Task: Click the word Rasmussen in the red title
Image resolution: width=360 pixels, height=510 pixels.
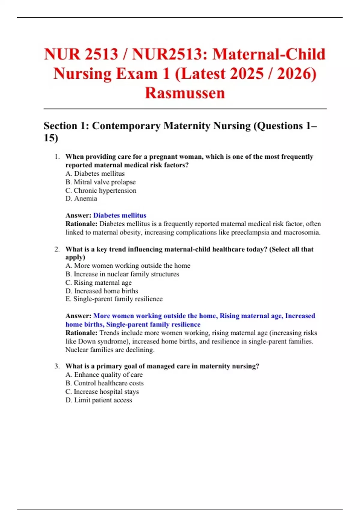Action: point(185,93)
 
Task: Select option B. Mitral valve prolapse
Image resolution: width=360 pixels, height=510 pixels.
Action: point(100,182)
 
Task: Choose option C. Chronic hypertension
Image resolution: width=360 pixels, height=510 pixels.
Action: point(101,190)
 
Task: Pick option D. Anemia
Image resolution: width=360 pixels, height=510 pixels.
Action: point(81,198)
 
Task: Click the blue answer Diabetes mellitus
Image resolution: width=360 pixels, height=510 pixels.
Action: point(120,215)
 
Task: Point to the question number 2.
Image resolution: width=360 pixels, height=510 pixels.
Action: point(57,249)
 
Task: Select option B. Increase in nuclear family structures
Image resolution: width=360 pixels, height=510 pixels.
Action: point(122,274)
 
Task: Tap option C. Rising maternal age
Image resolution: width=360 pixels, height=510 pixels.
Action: point(98,283)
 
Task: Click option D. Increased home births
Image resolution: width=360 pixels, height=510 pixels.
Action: point(102,291)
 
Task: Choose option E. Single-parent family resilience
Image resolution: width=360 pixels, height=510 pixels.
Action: point(114,299)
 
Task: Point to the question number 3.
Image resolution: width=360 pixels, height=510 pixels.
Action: point(57,366)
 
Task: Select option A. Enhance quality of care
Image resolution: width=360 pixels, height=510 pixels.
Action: point(104,375)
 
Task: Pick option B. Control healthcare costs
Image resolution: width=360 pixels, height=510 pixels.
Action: point(104,383)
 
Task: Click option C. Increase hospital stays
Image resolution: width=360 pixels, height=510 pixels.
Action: point(102,391)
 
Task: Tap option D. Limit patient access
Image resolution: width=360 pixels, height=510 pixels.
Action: point(99,400)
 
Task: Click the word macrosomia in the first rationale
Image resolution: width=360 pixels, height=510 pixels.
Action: point(304,232)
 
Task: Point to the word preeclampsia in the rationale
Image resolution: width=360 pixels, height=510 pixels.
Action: point(250,232)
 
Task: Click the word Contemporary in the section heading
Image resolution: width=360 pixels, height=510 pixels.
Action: point(126,126)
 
